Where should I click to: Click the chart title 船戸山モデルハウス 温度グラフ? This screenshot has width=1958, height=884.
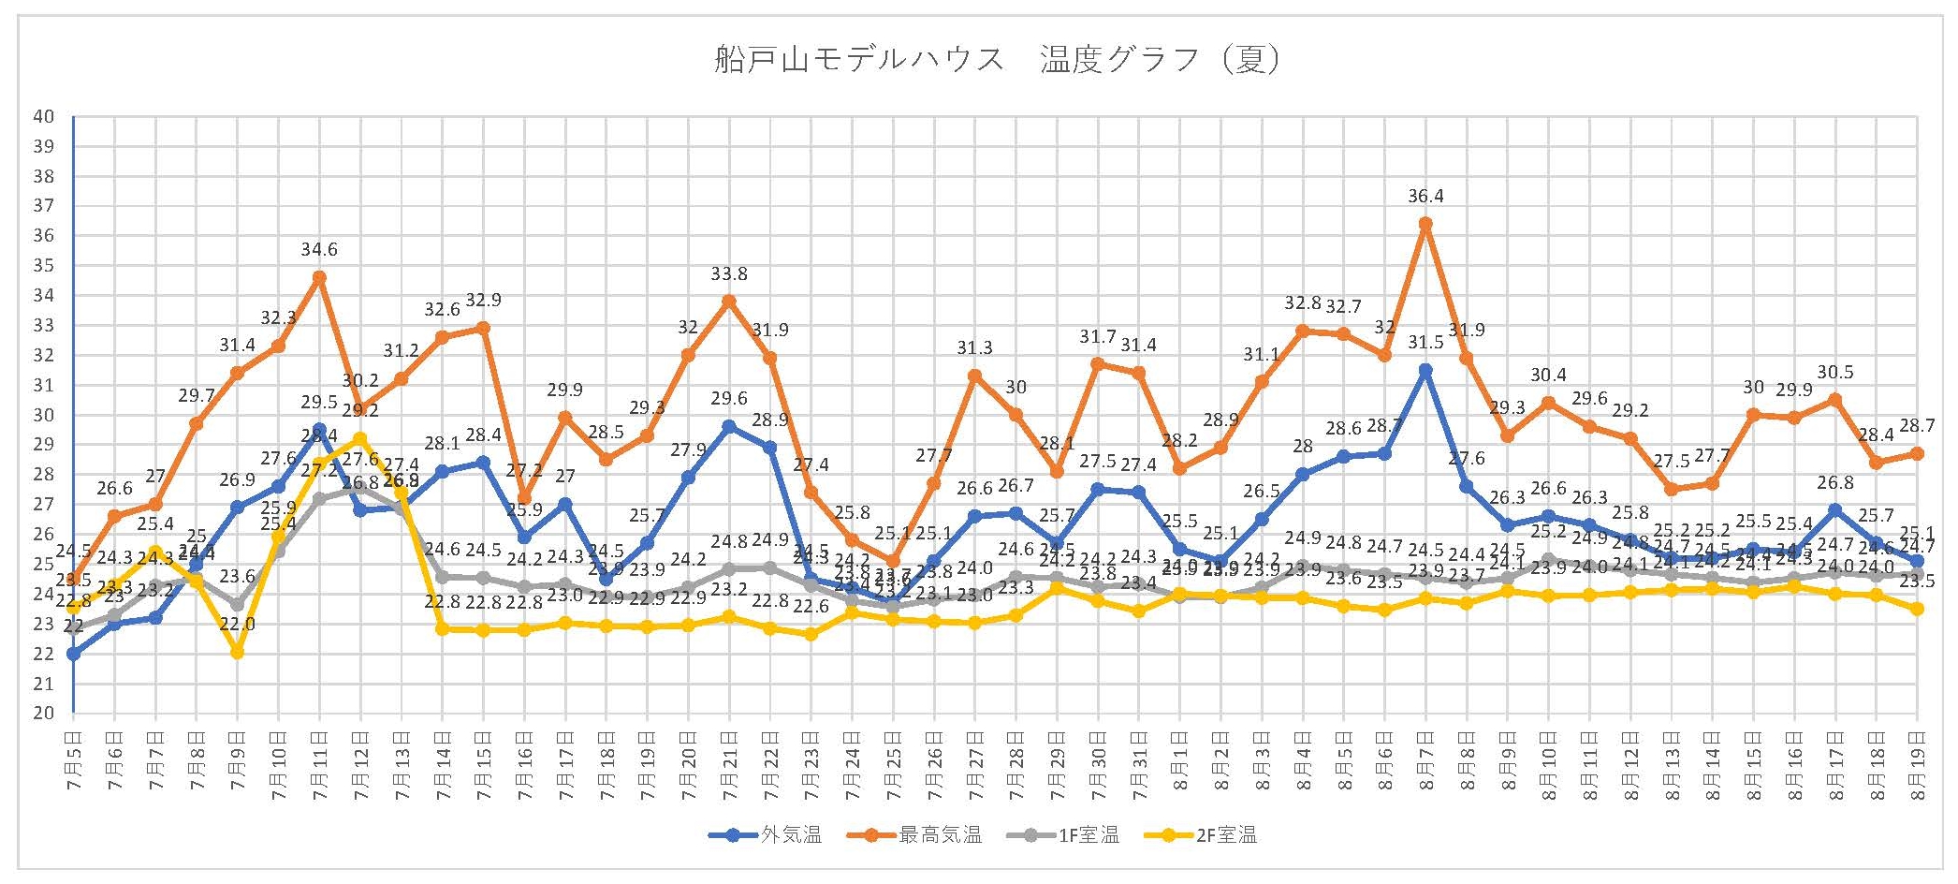tap(997, 61)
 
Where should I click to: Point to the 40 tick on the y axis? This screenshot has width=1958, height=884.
tap(44, 117)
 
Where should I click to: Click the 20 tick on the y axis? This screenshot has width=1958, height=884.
tap(44, 714)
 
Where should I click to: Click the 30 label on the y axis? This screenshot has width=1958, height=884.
tap(44, 415)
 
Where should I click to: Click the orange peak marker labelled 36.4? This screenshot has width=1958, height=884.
tap(1425, 224)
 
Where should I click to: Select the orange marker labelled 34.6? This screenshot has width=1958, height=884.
tap(319, 277)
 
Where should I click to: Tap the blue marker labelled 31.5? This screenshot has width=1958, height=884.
tap(1425, 370)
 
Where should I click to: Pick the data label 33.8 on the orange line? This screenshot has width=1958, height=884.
tap(729, 274)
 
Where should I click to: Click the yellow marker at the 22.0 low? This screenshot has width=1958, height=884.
tap(238, 653)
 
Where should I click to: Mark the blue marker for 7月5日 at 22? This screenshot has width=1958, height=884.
tap(73, 654)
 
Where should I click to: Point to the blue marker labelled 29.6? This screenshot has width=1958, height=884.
tap(729, 426)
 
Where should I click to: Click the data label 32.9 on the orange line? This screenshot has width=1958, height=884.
tap(484, 301)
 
